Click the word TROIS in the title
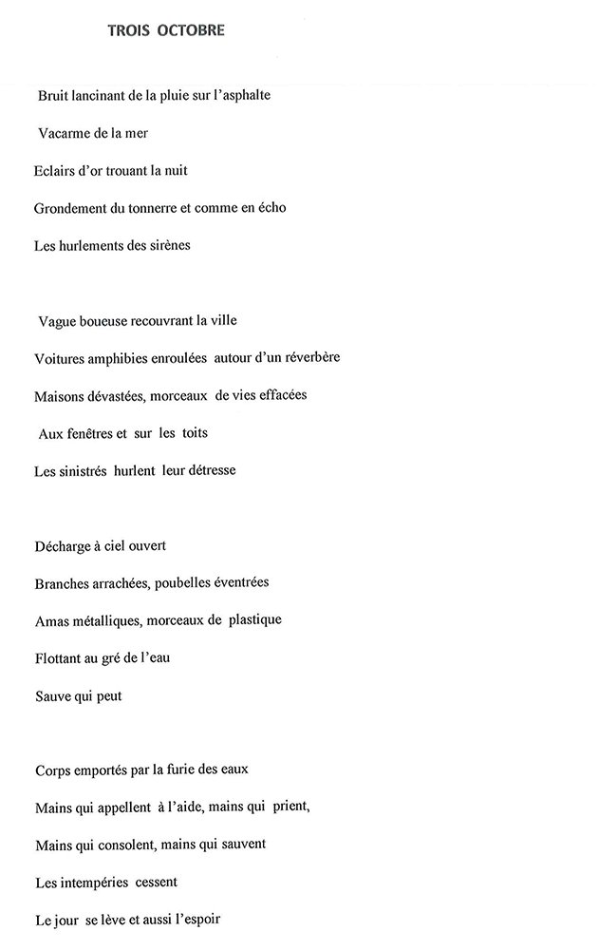130,30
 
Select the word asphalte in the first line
247,96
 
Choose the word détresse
204,469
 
